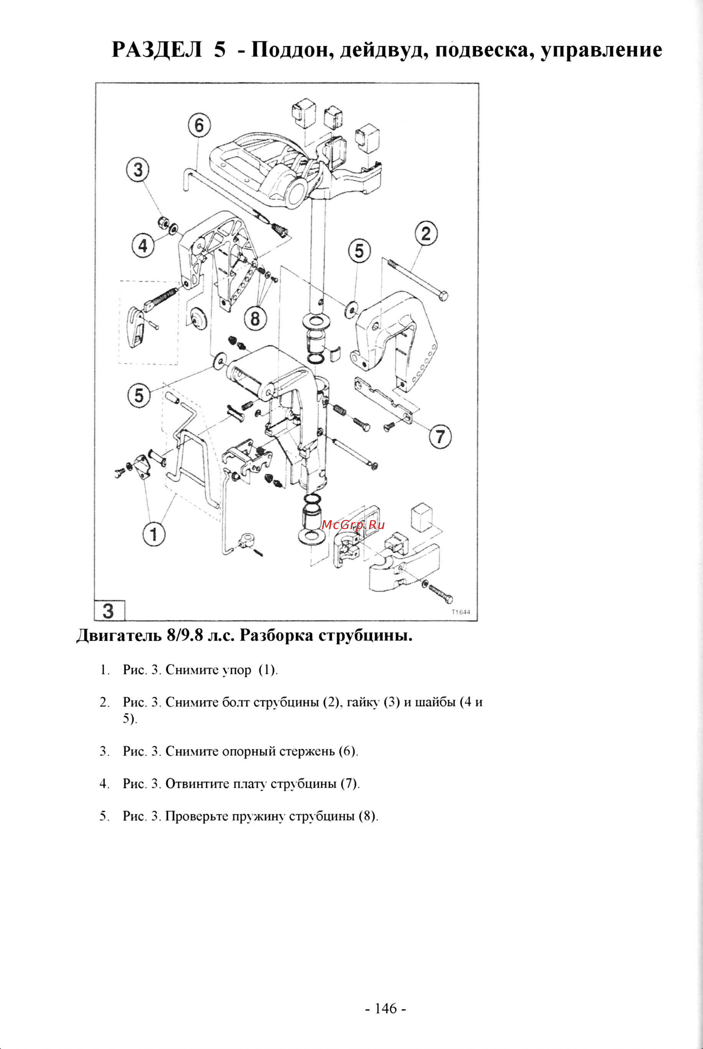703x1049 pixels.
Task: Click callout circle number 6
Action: (199, 126)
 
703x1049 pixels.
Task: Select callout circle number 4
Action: (142, 246)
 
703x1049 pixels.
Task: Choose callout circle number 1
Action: (154, 534)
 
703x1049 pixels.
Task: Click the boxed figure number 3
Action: (109, 611)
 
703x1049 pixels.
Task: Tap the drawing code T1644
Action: (461, 612)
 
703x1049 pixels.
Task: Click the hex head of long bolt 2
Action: (442, 296)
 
